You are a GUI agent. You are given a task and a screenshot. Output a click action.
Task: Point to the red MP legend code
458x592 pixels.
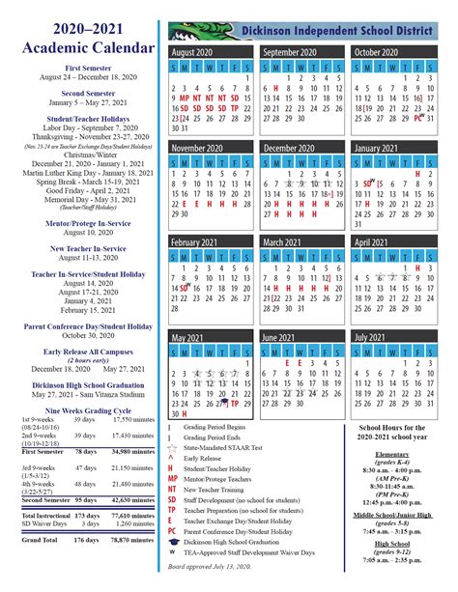pyautogui.click(x=173, y=478)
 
